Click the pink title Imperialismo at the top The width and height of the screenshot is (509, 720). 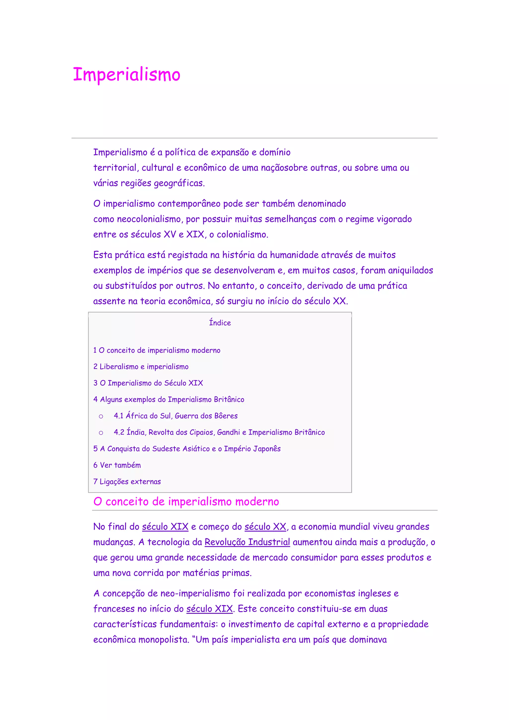pyautogui.click(x=127, y=75)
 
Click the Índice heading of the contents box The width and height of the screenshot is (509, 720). pyautogui.click(x=220, y=323)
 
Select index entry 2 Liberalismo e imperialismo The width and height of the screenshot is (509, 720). pyautogui.click(x=141, y=366)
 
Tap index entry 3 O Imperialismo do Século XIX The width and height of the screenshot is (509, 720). pyautogui.click(x=148, y=383)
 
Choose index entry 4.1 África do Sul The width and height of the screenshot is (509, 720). pyautogui.click(x=175, y=416)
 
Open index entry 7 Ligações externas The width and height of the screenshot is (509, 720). pyautogui.click(x=127, y=482)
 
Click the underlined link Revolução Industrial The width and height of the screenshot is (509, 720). pyautogui.click(x=247, y=542)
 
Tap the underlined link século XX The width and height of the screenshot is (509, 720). pyautogui.click(x=265, y=527)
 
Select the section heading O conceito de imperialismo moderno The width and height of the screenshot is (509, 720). pyautogui.click(x=186, y=502)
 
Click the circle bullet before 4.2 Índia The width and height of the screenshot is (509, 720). pyautogui.click(x=101, y=433)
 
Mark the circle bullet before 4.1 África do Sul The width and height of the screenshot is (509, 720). pyautogui.click(x=101, y=416)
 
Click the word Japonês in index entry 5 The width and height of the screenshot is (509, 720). pyautogui.click(x=267, y=449)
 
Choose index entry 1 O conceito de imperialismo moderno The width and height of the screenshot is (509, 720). pyautogui.click(x=157, y=350)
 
